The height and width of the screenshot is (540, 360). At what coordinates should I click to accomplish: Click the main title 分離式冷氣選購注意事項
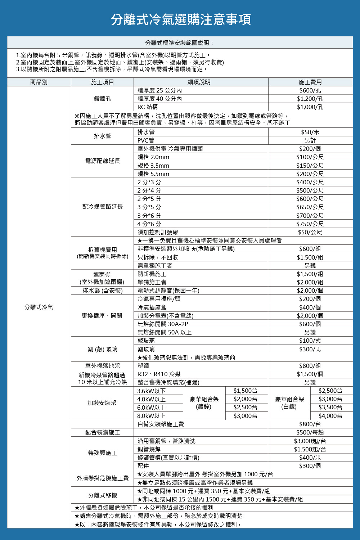pos(181,19)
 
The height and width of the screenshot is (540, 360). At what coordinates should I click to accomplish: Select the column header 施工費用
pos(310,82)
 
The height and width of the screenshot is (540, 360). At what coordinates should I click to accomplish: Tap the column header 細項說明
pos(199,82)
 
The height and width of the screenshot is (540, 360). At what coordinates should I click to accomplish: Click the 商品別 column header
pos(39,82)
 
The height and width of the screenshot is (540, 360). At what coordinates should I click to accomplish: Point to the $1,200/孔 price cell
pos(310,99)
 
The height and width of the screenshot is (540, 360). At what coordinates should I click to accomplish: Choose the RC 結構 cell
pos(148,107)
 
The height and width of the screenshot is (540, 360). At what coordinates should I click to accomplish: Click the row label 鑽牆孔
pos(103,98)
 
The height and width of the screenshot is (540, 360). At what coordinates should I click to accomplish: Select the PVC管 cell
pos(146,140)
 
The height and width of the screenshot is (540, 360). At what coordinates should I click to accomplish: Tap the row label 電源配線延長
pos(103,161)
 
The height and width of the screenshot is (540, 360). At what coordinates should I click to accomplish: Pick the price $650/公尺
pos(310,207)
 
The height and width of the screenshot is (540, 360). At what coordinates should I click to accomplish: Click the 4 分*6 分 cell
pos(149,224)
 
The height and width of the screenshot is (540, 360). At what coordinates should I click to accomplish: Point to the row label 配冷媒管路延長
pos(103,207)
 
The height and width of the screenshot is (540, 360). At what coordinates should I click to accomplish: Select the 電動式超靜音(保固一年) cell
pos(168,291)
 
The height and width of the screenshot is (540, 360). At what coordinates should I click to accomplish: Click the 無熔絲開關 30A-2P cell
pos(163,324)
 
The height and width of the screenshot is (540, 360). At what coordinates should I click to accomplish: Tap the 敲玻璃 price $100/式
pos(310,341)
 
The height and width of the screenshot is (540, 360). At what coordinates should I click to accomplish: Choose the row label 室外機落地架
pos(103,366)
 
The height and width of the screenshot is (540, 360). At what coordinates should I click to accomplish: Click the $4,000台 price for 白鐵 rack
pos(330,416)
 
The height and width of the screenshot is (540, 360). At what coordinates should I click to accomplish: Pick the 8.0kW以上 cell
pos(152,416)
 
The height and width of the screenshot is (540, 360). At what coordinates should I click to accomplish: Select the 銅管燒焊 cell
pos(149,449)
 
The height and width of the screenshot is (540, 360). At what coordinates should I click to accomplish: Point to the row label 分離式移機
pos(103,495)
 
